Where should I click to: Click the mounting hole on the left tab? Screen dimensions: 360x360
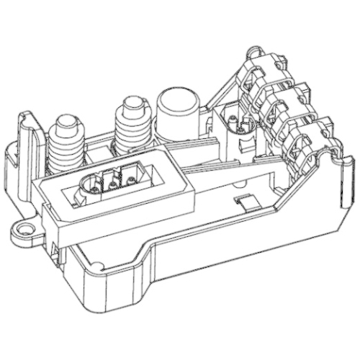(x=28, y=230)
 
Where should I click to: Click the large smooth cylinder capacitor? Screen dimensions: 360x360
(x=176, y=112)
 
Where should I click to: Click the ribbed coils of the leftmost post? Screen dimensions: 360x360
(x=68, y=148)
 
